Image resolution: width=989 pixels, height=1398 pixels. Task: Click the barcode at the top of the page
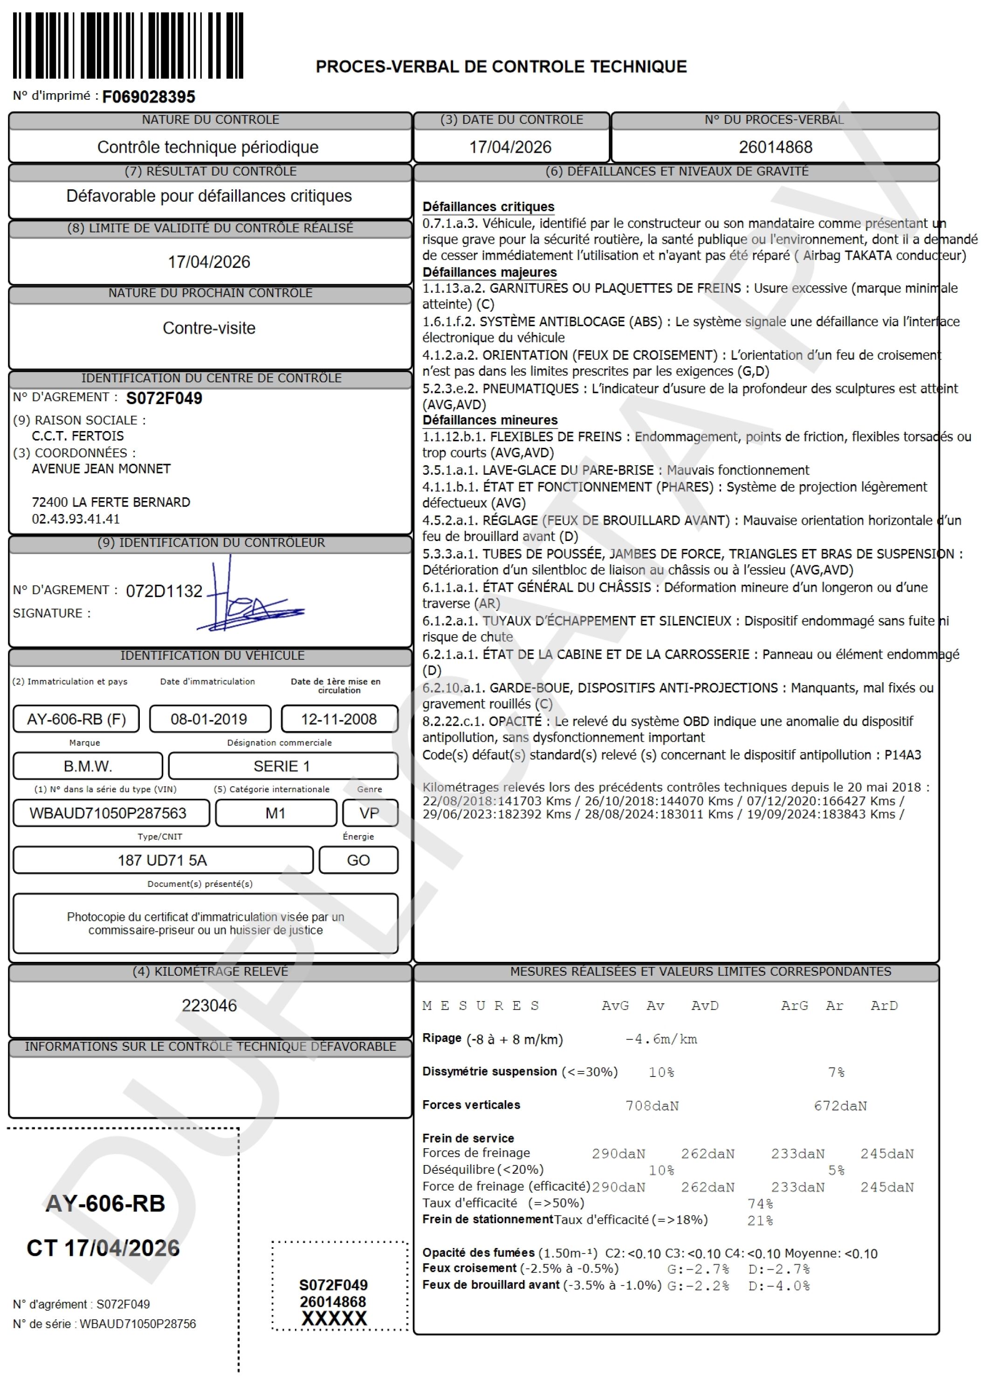pyautogui.click(x=128, y=46)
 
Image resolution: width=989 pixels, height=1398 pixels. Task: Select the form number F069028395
pyautogui.click(x=149, y=97)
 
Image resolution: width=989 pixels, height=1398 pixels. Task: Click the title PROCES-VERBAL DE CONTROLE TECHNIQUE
pyautogui.click(x=501, y=66)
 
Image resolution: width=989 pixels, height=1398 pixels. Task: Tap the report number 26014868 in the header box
pyautogui.click(x=775, y=147)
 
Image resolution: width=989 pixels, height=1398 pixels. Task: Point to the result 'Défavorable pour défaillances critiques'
pyautogui.click(x=209, y=196)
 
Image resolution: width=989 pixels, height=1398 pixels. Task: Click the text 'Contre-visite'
pyautogui.click(x=209, y=328)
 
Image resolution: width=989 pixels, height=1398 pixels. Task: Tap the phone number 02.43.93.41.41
pyautogui.click(x=76, y=519)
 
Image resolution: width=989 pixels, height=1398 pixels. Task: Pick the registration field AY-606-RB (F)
pyautogui.click(x=76, y=719)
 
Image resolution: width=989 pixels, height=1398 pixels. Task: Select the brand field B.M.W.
pyautogui.click(x=88, y=766)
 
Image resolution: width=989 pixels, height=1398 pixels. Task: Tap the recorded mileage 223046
pyautogui.click(x=209, y=1005)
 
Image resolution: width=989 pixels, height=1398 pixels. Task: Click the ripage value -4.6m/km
pyautogui.click(x=661, y=1039)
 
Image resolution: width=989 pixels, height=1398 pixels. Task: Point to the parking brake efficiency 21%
pyautogui.click(x=760, y=1220)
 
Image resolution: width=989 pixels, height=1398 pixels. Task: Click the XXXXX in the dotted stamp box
pyautogui.click(x=334, y=1318)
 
